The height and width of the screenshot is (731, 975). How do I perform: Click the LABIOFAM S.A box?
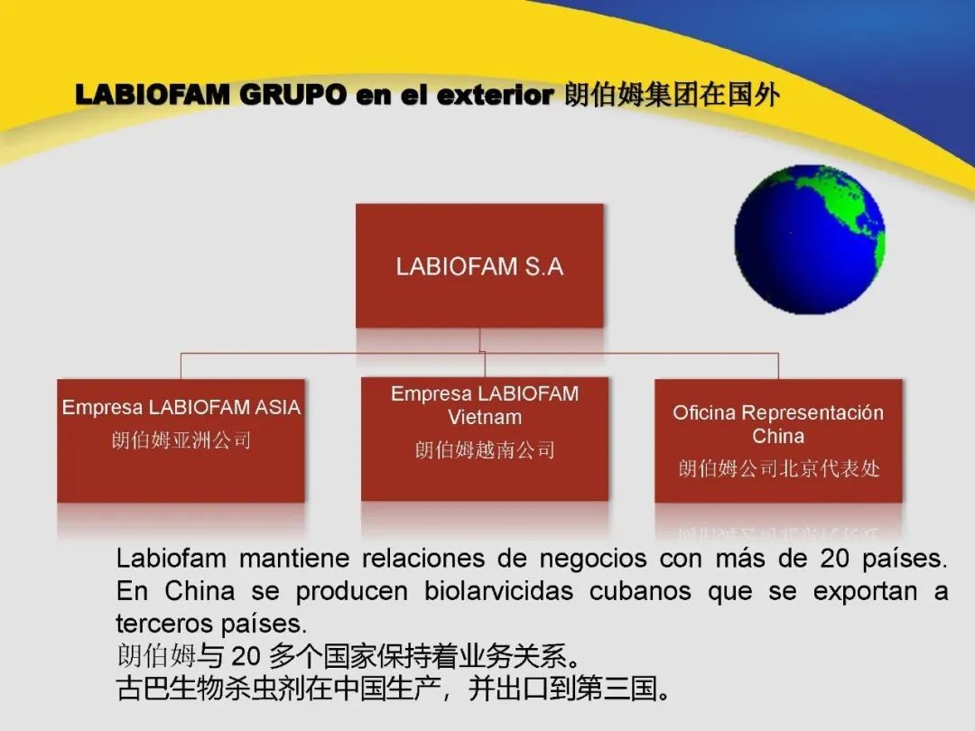479,265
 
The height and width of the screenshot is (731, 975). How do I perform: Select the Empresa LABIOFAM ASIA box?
181,440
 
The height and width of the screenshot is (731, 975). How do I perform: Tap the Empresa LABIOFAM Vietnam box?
485,439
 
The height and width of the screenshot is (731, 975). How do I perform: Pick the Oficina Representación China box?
778,440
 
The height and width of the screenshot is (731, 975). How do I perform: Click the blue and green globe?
810,239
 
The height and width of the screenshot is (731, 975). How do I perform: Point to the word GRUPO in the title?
292,95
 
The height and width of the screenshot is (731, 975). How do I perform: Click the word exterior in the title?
495,95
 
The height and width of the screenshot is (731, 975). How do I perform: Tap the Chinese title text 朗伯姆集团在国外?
673,95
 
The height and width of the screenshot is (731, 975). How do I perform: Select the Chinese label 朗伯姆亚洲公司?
181,440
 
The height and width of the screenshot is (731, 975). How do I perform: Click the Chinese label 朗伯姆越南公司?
485,449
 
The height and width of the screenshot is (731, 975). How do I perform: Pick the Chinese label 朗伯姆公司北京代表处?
779,468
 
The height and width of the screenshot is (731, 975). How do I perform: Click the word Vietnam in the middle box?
485,417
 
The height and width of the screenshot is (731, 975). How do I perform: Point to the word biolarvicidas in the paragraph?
498,590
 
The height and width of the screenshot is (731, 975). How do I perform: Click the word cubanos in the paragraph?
640,591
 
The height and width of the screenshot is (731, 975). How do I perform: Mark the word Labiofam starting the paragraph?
171,558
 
